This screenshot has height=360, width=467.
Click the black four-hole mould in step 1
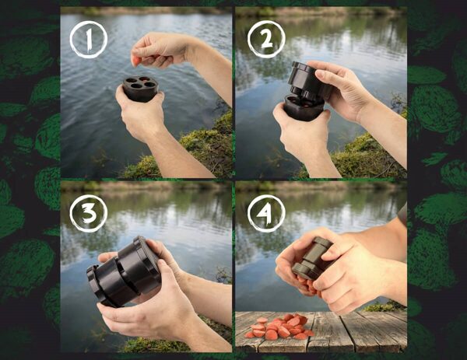[x=141, y=88]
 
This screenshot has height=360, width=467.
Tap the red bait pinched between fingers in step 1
[x=136, y=60]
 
